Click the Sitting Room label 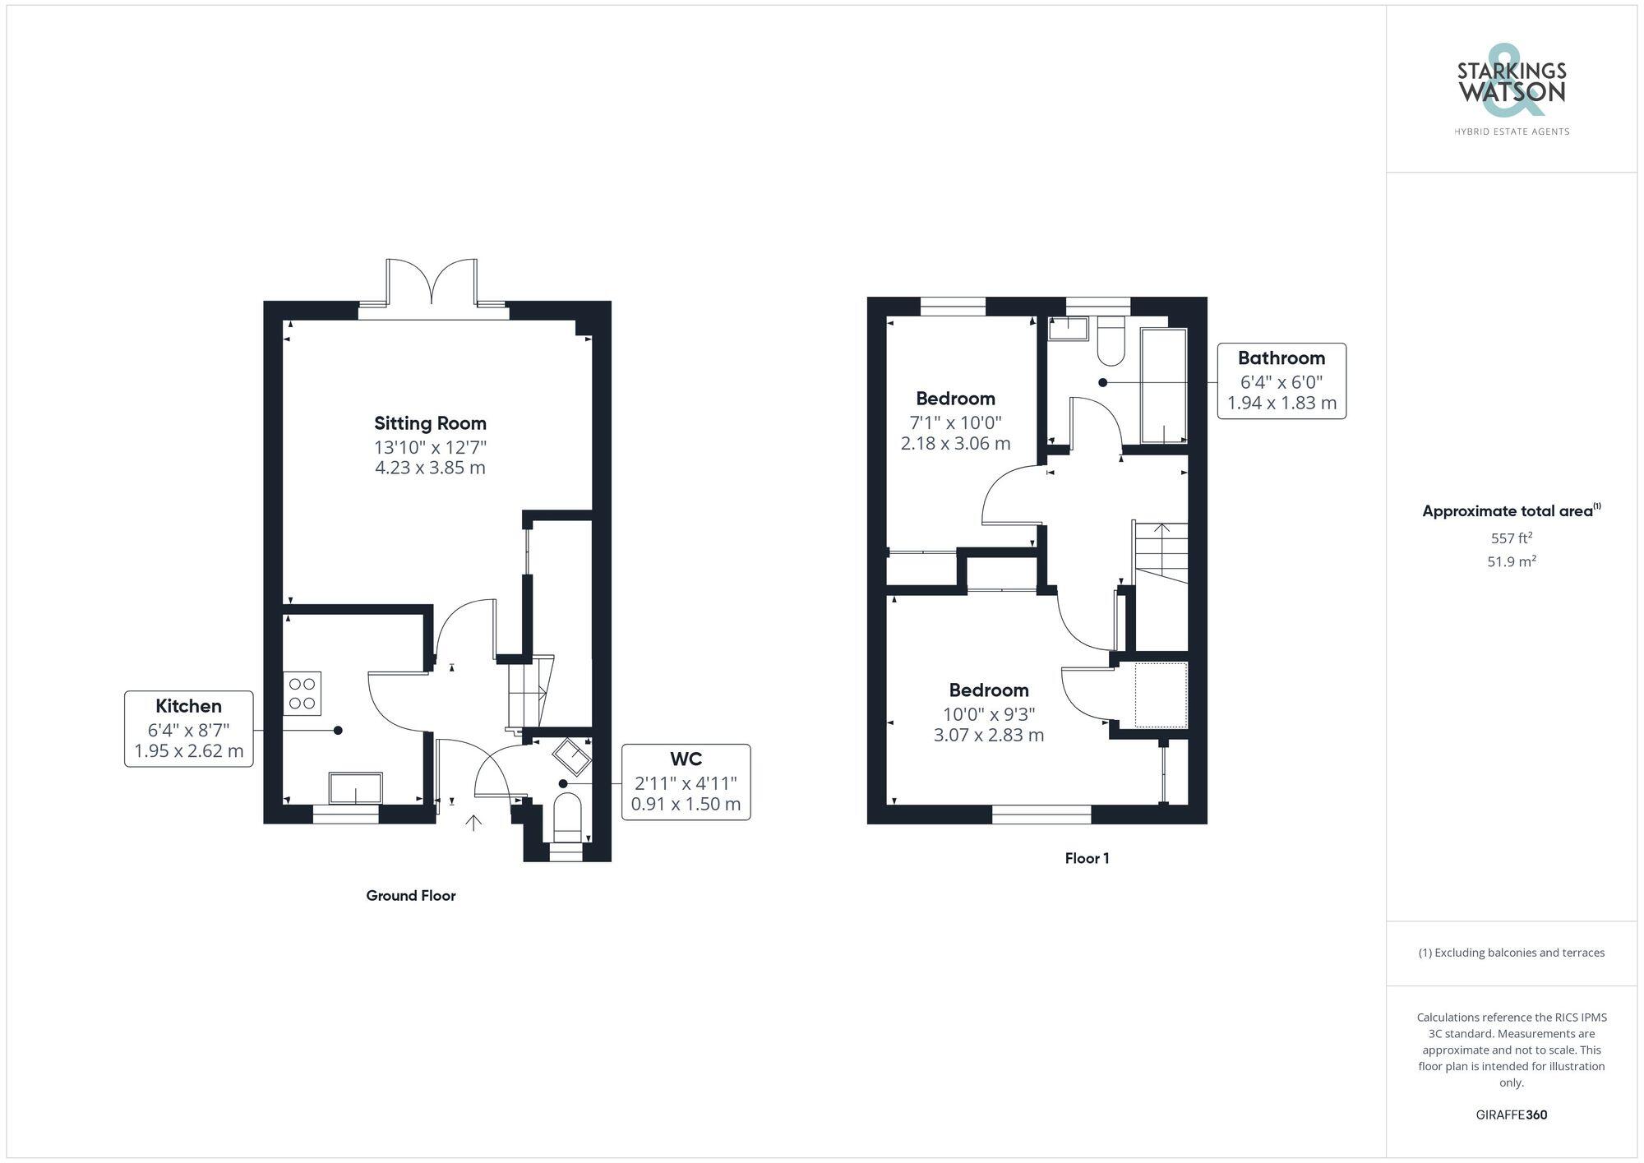(430, 423)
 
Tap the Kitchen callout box (188, 729)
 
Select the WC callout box (686, 782)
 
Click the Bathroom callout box (1281, 381)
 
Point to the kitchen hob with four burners (302, 693)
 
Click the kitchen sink (355, 788)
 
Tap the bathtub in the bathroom (1164, 386)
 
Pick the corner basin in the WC (571, 757)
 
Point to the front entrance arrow (473, 822)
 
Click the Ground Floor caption (410, 896)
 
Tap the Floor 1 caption (1087, 858)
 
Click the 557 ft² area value (1511, 538)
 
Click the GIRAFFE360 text (1511, 1115)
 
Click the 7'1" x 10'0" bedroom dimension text (955, 422)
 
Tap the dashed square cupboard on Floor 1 (1161, 695)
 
